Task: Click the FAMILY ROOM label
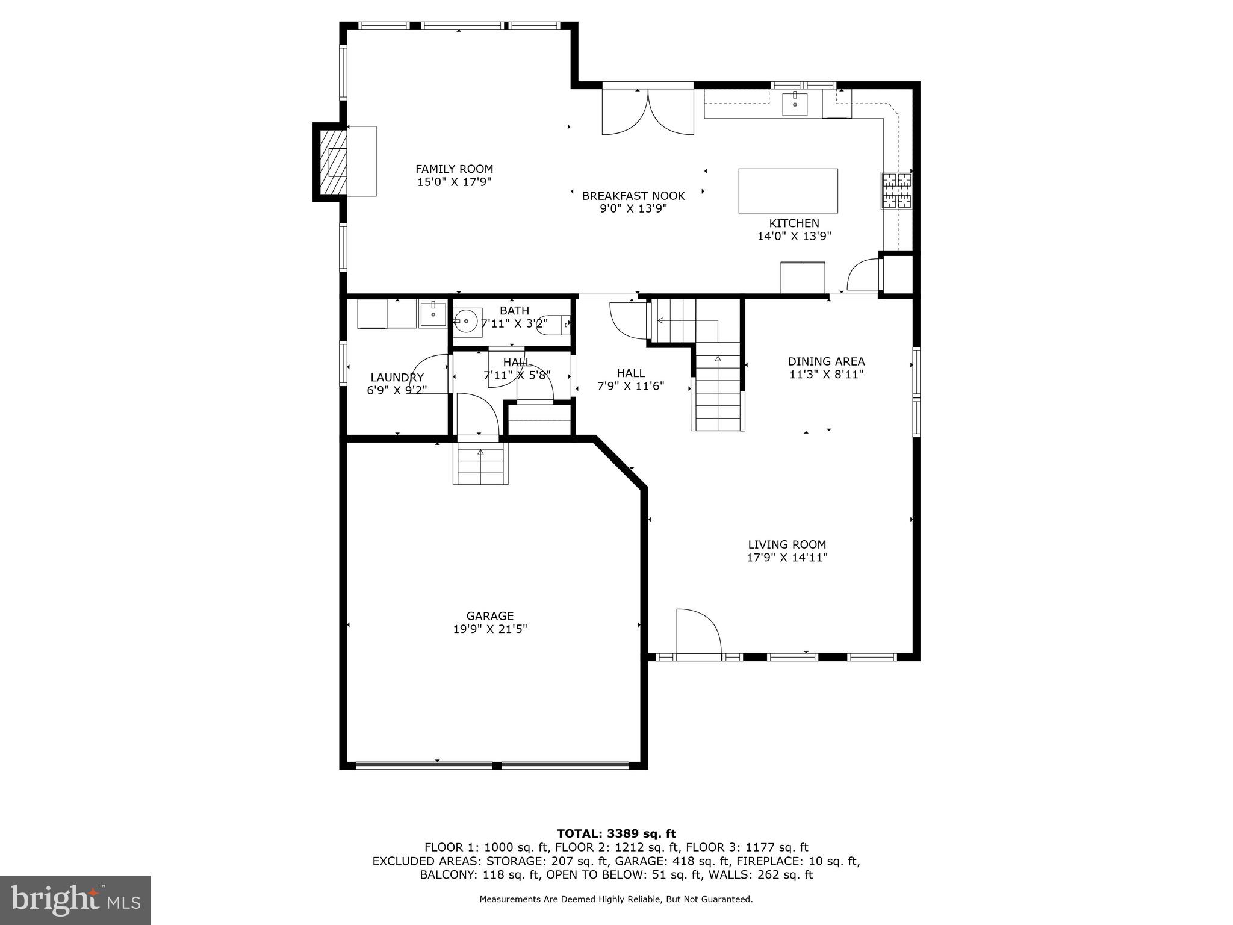click(454, 169)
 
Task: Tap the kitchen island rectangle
click(787, 190)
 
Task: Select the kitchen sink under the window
click(795, 104)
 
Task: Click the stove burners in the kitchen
click(896, 190)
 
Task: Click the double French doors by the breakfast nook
click(648, 113)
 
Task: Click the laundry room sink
click(433, 314)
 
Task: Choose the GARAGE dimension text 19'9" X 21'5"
click(489, 629)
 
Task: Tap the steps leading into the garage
click(480, 463)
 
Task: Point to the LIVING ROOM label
click(787, 544)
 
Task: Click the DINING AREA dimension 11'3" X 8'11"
click(826, 374)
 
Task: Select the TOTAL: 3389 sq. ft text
click(616, 833)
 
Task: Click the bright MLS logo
click(75, 900)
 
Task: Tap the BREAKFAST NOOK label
click(633, 196)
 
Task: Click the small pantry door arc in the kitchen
click(863, 274)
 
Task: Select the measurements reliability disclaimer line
click(616, 899)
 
